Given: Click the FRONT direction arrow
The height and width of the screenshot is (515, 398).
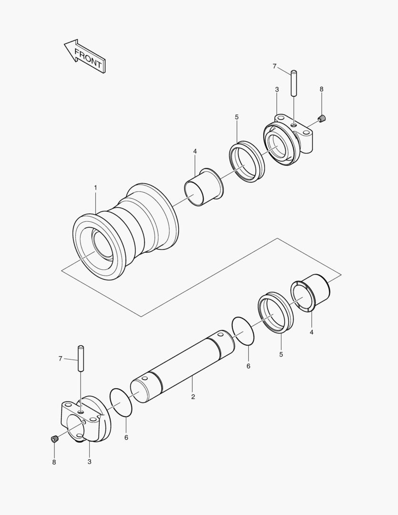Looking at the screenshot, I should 85,56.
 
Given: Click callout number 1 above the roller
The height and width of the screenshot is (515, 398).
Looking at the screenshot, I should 95,188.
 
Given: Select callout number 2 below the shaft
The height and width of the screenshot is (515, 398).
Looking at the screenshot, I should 193,396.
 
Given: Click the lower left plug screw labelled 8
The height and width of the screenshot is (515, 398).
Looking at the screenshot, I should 55,438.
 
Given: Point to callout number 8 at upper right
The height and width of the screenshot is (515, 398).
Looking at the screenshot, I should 321,89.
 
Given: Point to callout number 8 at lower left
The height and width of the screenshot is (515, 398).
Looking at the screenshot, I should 54,462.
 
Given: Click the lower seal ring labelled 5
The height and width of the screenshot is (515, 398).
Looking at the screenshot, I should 276,312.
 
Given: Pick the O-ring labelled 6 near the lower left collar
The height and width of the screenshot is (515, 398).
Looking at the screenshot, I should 121,403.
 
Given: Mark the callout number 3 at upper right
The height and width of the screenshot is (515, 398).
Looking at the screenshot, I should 277,90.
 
